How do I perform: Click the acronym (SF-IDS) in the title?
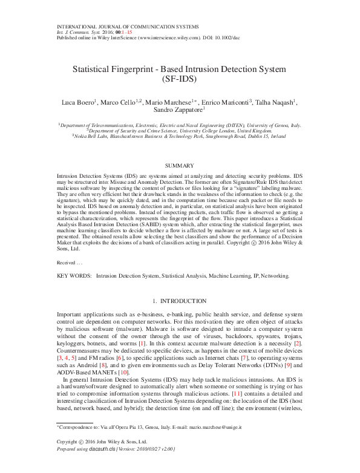(180, 79)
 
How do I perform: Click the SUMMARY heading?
(180, 166)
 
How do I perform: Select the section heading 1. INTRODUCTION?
(180, 301)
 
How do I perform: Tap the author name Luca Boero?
(78, 102)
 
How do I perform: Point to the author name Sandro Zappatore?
(179, 111)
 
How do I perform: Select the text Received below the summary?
(66, 263)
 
